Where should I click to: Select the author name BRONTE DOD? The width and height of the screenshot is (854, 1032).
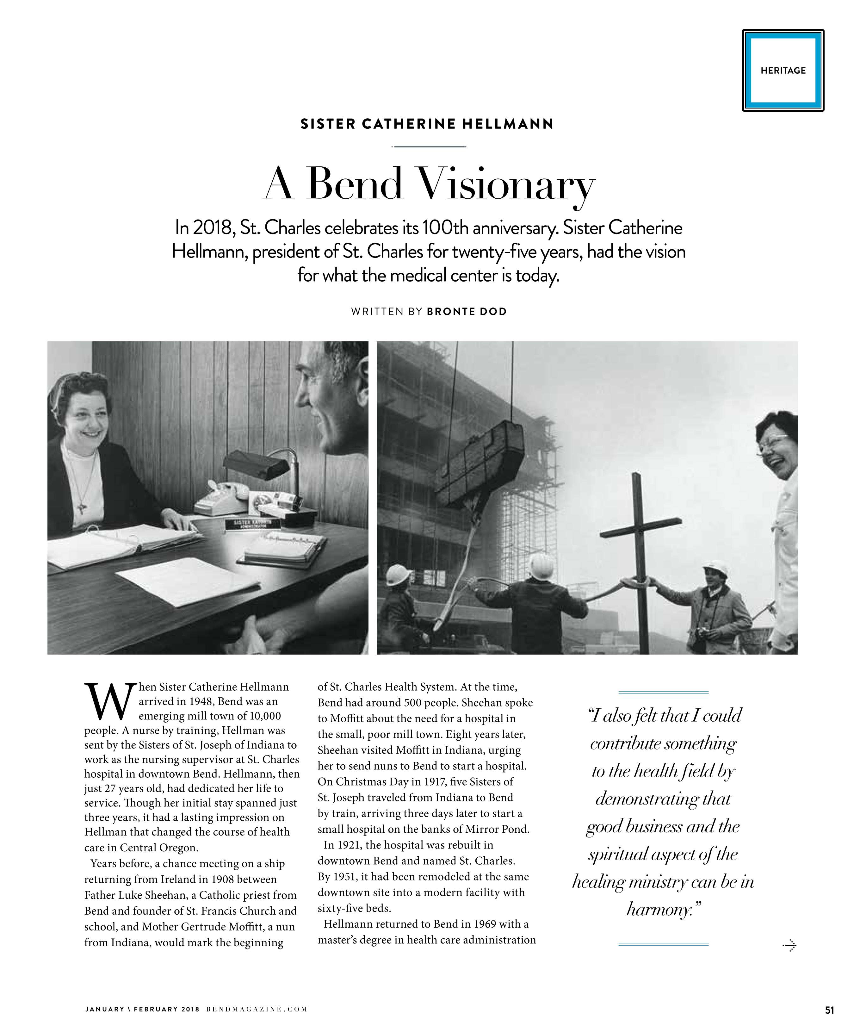tap(466, 312)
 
